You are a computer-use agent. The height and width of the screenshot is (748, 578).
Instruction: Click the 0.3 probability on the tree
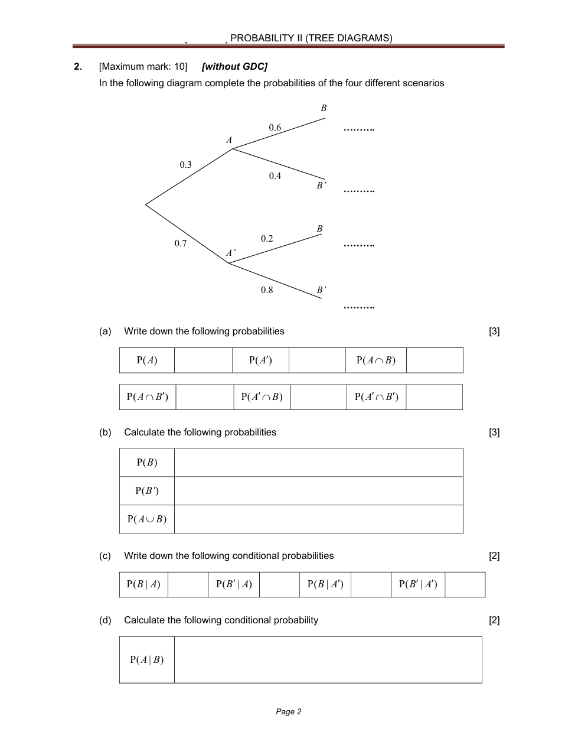point(185,165)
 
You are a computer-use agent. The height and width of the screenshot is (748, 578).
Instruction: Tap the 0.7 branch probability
point(180,243)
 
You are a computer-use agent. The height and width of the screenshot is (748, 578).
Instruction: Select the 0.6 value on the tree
point(275,128)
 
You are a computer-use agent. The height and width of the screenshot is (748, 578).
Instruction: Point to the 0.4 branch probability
point(275,176)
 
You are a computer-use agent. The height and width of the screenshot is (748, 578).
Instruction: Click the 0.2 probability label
point(267,239)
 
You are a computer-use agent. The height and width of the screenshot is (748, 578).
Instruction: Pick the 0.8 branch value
point(267,290)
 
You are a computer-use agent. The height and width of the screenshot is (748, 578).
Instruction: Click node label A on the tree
point(229,141)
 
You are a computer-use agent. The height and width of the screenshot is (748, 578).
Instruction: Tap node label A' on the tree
point(230,253)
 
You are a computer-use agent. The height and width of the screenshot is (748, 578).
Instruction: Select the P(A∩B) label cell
point(375,360)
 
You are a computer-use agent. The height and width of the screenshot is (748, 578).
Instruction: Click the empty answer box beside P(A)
point(203,360)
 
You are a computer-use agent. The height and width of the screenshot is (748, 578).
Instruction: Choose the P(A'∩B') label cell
point(376,397)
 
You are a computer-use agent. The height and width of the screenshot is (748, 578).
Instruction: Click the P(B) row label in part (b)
point(147,463)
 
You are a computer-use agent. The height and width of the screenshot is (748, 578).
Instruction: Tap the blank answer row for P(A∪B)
point(318,519)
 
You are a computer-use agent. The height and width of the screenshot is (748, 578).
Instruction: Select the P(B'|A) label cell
point(234,584)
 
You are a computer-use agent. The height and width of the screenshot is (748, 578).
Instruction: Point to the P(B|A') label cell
point(325,584)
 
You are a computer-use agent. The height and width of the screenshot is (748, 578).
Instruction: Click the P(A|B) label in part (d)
point(147,660)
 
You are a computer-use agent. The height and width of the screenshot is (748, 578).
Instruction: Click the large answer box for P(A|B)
point(328,660)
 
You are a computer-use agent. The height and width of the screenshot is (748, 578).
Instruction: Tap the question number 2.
point(78,67)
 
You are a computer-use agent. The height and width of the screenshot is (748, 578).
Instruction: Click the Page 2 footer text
point(289,712)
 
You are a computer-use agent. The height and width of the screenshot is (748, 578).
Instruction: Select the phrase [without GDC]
point(234,67)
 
